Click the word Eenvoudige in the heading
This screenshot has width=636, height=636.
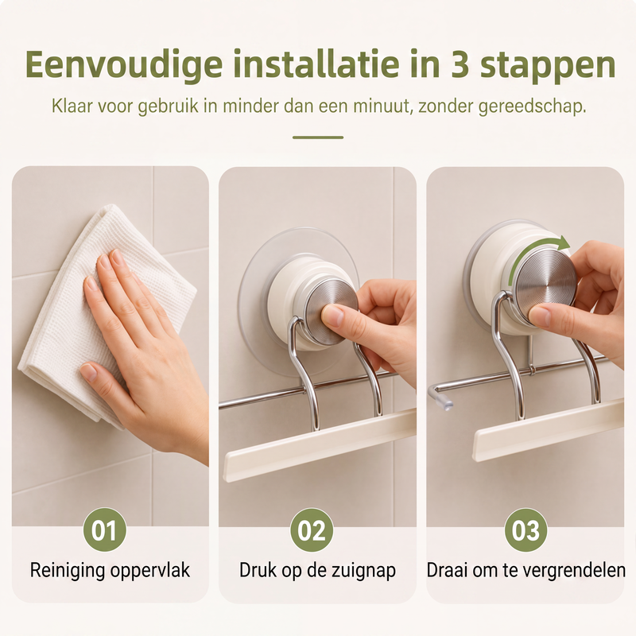coord(124,65)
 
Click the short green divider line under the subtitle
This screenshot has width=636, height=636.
coord(318,138)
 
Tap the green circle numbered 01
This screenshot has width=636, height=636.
coord(105,529)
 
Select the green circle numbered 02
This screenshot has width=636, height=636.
coord(312,529)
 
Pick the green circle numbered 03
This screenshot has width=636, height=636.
coord(525,529)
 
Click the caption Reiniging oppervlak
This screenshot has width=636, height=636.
coord(110,570)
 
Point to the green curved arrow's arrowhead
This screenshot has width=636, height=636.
coord(562,243)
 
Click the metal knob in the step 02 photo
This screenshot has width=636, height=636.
coord(331,311)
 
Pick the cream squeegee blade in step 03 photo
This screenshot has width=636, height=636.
coord(549,430)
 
